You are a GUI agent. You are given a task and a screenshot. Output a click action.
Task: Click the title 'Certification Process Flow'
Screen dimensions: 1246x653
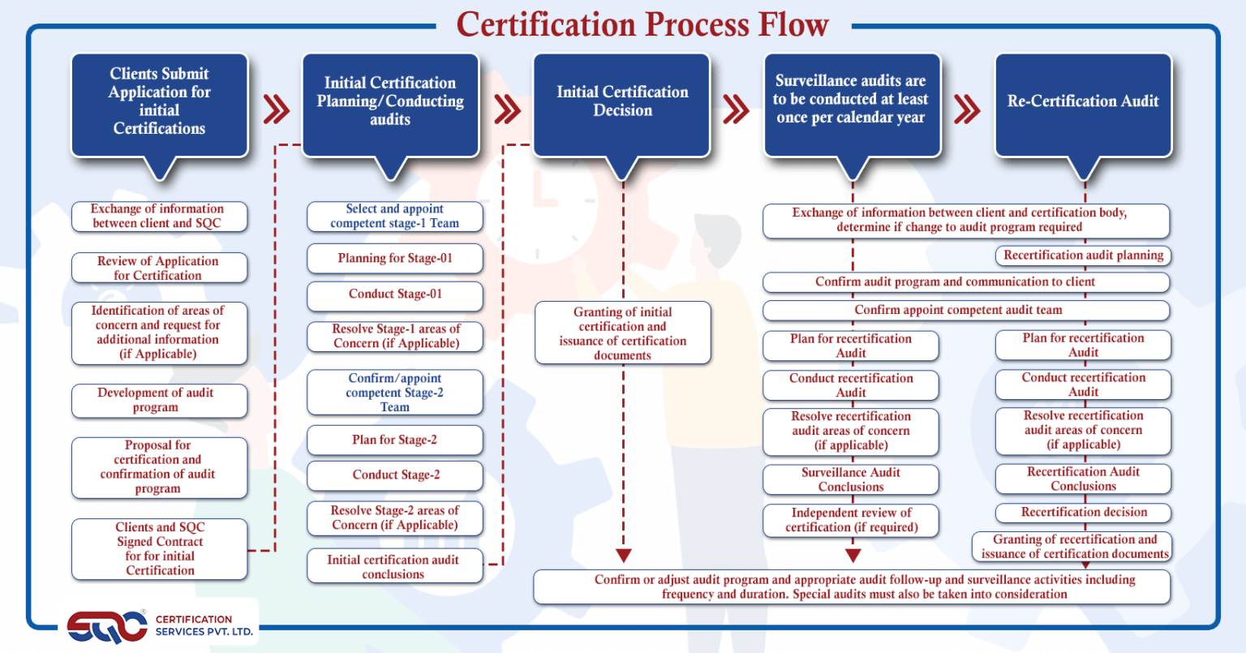point(642,24)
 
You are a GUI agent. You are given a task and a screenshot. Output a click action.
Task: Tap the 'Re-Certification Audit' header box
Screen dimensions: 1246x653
point(1083,105)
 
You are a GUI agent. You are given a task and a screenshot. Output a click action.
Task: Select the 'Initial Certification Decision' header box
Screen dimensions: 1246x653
point(621,105)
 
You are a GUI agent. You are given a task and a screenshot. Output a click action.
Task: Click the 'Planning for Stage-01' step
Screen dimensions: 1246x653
point(395,258)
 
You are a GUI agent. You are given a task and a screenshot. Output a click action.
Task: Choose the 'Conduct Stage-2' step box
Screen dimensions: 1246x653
point(395,475)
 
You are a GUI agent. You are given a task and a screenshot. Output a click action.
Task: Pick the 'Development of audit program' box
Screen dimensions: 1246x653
point(159,401)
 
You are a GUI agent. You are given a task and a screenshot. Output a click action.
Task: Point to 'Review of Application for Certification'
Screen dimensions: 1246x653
point(159,269)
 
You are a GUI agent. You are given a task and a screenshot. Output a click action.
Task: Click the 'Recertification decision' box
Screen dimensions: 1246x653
point(1083,513)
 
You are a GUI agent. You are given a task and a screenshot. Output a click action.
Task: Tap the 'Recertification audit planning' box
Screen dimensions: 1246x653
point(1083,256)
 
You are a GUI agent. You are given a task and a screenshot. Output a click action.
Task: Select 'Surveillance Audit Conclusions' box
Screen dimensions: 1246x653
point(850,479)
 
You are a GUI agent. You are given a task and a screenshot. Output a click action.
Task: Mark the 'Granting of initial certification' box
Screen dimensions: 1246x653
point(622,333)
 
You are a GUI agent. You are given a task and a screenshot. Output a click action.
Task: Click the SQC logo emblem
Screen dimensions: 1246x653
point(107,627)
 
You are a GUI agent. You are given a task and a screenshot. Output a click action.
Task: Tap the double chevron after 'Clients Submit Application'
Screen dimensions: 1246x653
point(277,109)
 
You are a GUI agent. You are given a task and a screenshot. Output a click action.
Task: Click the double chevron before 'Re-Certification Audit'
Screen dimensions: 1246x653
point(967,109)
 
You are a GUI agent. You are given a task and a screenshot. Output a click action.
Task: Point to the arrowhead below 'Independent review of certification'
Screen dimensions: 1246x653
point(853,555)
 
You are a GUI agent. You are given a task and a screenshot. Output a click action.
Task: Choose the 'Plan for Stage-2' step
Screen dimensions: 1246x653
point(395,440)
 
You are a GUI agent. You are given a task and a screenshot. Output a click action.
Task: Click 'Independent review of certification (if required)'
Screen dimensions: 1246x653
point(850,521)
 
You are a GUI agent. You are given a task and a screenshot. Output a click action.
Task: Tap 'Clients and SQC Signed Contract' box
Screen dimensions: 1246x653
point(159,549)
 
